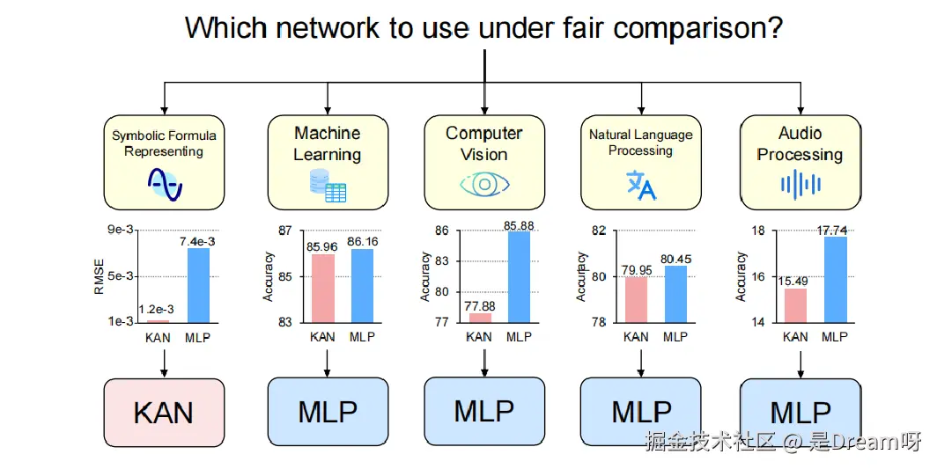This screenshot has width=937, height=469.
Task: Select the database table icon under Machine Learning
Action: [327, 187]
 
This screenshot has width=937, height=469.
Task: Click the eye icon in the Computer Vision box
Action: [483, 185]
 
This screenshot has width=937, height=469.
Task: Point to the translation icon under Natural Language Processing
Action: [640, 185]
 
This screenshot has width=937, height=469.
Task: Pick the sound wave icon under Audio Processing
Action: [800, 184]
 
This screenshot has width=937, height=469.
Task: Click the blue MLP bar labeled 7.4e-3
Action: [198, 285]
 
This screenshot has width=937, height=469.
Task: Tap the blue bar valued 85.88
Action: [520, 276]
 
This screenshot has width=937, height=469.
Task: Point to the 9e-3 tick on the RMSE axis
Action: [121, 231]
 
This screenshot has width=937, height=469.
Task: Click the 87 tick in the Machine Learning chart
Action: [284, 231]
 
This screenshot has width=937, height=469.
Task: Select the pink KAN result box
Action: [163, 412]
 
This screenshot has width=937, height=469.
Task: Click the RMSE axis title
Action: [99, 275]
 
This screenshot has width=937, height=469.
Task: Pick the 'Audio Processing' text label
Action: [800, 144]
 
